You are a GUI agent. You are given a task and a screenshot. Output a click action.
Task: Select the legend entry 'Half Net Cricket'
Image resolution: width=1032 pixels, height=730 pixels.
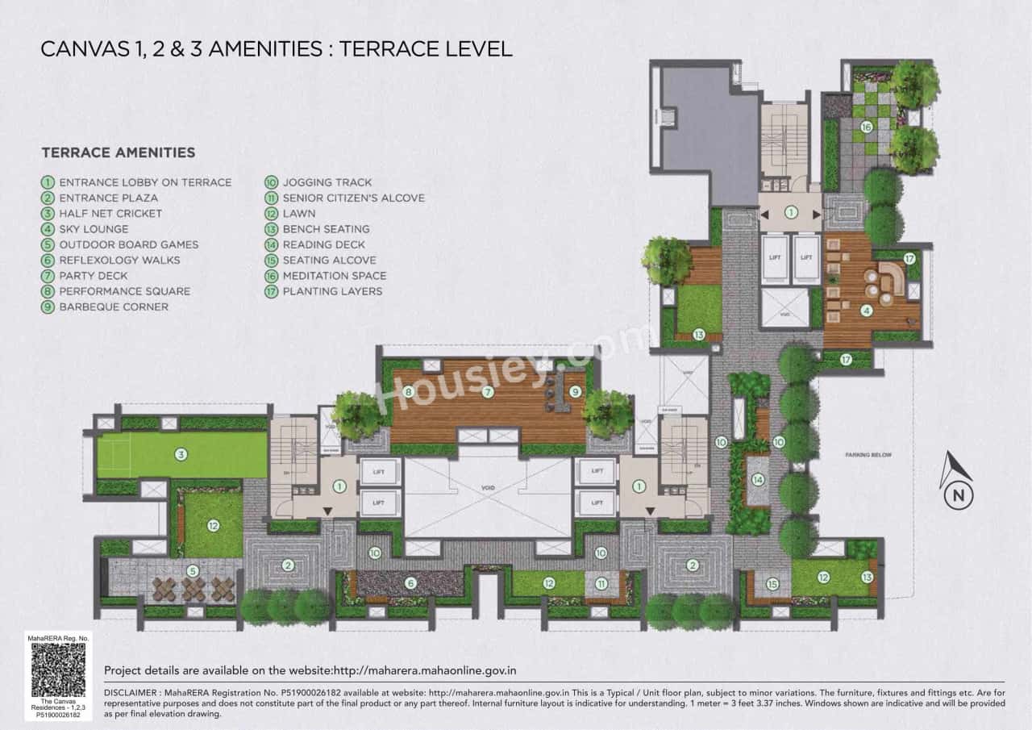click(x=110, y=213)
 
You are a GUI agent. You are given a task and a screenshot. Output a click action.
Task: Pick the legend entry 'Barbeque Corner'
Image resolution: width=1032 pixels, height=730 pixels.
click(x=113, y=307)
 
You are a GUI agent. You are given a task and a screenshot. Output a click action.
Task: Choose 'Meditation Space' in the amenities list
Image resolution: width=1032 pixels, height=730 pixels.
click(x=334, y=276)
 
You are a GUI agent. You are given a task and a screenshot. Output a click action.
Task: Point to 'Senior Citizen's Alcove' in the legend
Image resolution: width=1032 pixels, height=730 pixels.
click(x=353, y=198)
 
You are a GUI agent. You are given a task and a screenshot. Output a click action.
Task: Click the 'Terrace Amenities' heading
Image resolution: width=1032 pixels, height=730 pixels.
click(x=118, y=152)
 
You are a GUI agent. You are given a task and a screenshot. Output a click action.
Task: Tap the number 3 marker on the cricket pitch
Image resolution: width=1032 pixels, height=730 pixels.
click(x=181, y=455)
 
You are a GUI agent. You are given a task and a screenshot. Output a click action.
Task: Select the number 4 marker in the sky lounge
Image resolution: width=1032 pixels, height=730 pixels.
click(x=866, y=310)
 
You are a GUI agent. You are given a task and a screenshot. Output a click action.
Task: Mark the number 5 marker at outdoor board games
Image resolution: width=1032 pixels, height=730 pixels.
click(x=191, y=571)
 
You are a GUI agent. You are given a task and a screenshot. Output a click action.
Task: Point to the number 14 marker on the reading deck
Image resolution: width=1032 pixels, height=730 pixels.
click(x=758, y=479)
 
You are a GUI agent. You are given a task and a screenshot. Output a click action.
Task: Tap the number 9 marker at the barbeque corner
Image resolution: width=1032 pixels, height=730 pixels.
click(x=575, y=391)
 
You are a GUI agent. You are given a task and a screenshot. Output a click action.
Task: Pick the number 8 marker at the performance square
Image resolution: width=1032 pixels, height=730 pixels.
click(x=409, y=392)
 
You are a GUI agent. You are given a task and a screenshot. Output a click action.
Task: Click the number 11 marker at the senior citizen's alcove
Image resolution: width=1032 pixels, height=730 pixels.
click(x=601, y=583)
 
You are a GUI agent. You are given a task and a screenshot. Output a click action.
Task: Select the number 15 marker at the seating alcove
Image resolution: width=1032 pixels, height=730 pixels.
click(x=772, y=585)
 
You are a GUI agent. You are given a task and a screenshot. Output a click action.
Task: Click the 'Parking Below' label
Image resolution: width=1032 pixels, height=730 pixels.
click(x=868, y=455)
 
